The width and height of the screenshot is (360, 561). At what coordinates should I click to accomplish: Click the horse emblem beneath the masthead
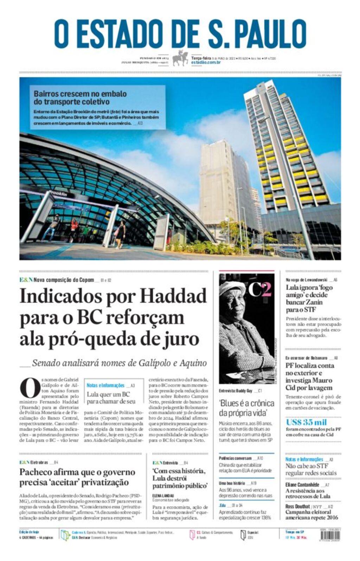[x=180, y=58]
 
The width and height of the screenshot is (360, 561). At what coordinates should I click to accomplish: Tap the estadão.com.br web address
[x=206, y=63]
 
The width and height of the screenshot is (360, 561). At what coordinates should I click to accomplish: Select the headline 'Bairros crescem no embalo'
[x=80, y=94]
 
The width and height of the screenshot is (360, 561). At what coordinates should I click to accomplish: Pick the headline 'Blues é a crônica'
[x=246, y=403]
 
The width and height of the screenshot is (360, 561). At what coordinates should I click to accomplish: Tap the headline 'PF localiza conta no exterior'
[x=309, y=376]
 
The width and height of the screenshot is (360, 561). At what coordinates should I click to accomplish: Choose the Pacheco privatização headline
[x=77, y=477]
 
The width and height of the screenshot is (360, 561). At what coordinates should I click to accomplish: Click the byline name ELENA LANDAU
[x=163, y=495]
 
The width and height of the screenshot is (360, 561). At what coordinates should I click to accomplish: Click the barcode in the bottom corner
[x=330, y=535]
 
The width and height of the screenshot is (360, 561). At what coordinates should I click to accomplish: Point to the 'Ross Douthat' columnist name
[x=297, y=506]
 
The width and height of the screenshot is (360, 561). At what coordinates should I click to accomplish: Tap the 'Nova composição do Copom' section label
[x=64, y=280]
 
